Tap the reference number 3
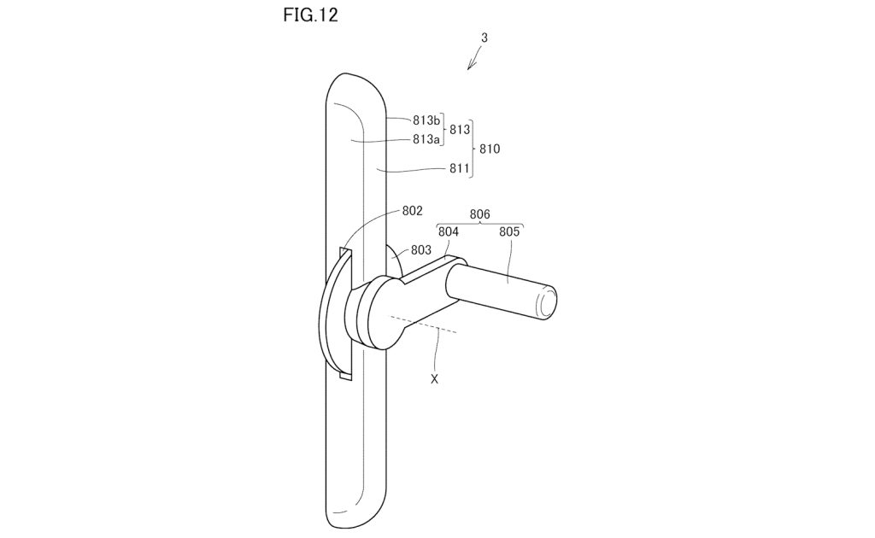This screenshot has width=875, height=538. click(484, 38)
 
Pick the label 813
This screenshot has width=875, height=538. click(461, 130)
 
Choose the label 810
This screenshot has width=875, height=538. click(490, 149)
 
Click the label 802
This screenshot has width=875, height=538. click(413, 210)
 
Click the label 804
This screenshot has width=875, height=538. click(449, 231)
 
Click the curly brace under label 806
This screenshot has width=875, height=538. click(479, 225)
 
